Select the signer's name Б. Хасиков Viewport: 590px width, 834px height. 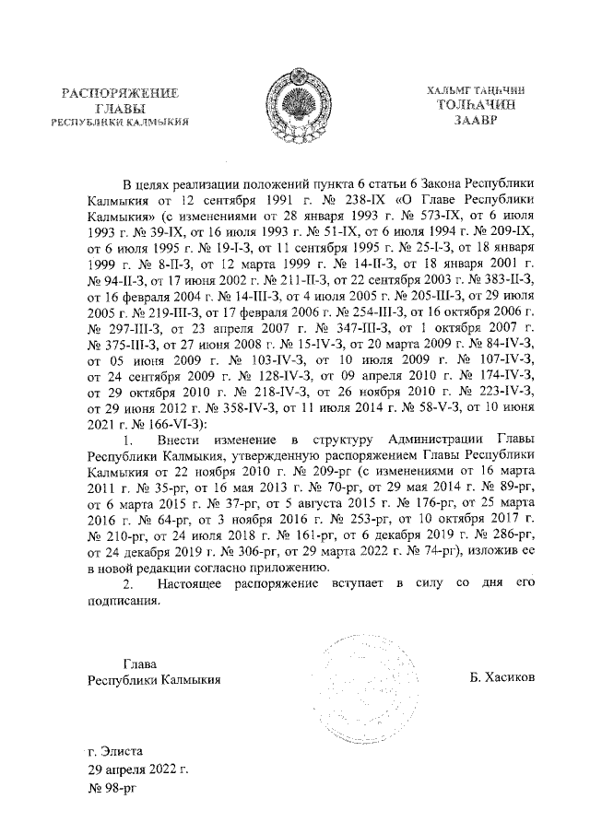pos(502,679)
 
